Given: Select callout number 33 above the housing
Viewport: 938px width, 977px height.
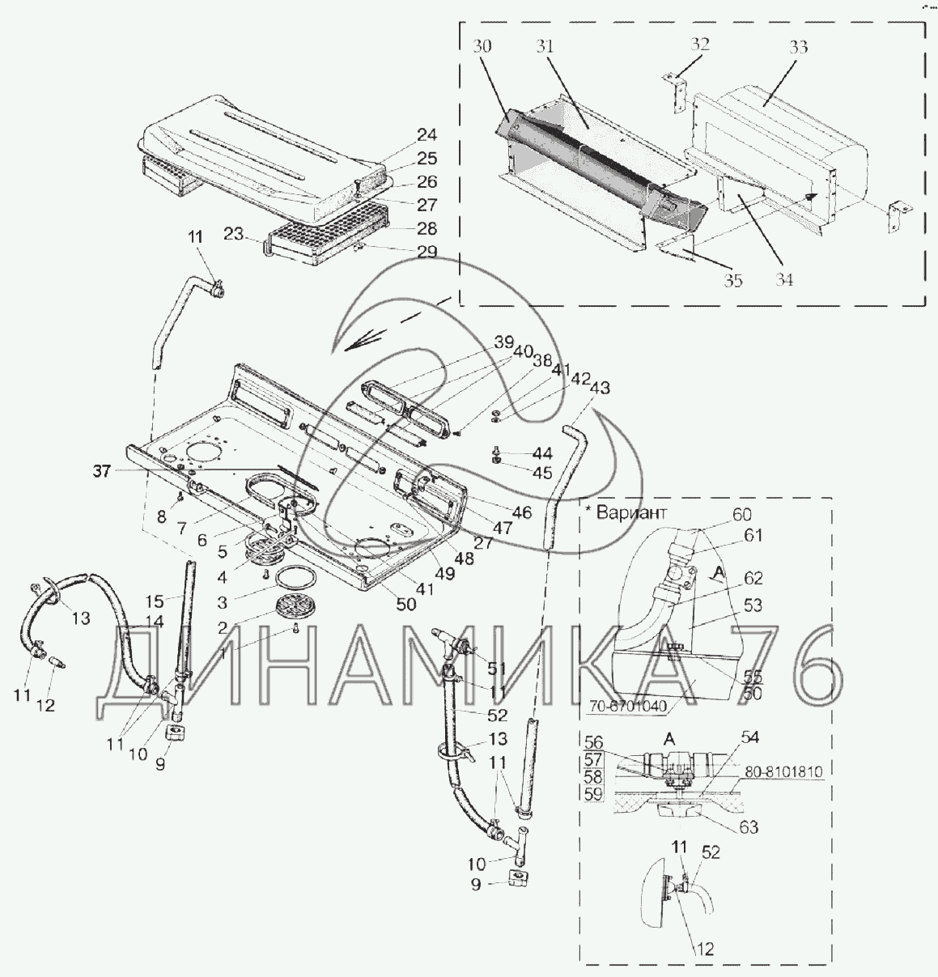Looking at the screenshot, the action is (798, 47).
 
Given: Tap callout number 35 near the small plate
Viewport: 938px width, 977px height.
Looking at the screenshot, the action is (733, 281).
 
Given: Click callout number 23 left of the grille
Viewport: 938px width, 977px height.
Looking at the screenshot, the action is (234, 236).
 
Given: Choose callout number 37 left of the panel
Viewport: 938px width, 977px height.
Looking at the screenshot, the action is (100, 471).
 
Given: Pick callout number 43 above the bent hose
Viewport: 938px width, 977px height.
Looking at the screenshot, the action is (600, 389).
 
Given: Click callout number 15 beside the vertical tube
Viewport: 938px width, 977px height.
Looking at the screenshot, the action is (155, 601).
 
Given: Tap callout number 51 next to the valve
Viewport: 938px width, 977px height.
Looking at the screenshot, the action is (496, 669).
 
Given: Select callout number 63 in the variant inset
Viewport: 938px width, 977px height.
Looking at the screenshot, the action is (749, 826).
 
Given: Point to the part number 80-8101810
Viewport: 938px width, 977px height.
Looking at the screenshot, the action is (783, 772).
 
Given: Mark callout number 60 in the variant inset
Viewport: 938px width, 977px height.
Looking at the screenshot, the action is (741, 514).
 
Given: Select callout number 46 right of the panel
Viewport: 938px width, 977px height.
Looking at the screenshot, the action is (522, 512).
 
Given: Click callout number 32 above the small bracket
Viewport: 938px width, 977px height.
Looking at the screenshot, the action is (699, 44).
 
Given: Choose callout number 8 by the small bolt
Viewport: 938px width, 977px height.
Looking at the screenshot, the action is (161, 516).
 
